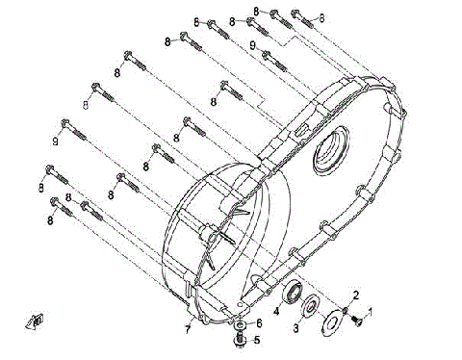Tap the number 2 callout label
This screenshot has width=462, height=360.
coord(355,294)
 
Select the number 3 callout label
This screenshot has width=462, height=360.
coord(296,328)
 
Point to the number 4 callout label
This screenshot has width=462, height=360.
coord(275,310)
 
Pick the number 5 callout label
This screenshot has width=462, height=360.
coord(256,339)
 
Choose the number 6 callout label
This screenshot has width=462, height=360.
coord(259,321)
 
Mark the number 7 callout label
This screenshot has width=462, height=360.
coord(188,330)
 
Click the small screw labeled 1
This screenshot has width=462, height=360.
coord(353,321)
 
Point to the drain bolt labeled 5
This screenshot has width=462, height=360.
coord(240,339)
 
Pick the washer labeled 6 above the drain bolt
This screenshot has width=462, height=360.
coord(240,324)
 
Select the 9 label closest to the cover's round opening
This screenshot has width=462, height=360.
coord(251,45)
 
